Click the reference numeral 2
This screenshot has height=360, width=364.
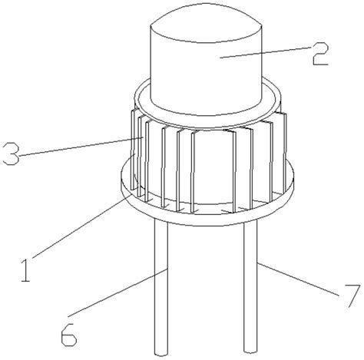coord(320,54)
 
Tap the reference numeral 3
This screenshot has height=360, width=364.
coord(11,154)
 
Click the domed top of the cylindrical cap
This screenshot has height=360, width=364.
coord(207,23)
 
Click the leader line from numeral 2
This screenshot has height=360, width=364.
coord(266,53)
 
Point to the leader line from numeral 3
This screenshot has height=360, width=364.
coord(81,147)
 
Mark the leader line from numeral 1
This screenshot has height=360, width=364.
coord(81,224)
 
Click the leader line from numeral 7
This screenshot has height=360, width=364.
coord(299,279)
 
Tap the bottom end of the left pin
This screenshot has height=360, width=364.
coord(161,355)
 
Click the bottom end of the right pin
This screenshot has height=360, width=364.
coord(250,352)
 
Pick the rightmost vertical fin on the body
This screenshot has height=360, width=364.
coord(283,154)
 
